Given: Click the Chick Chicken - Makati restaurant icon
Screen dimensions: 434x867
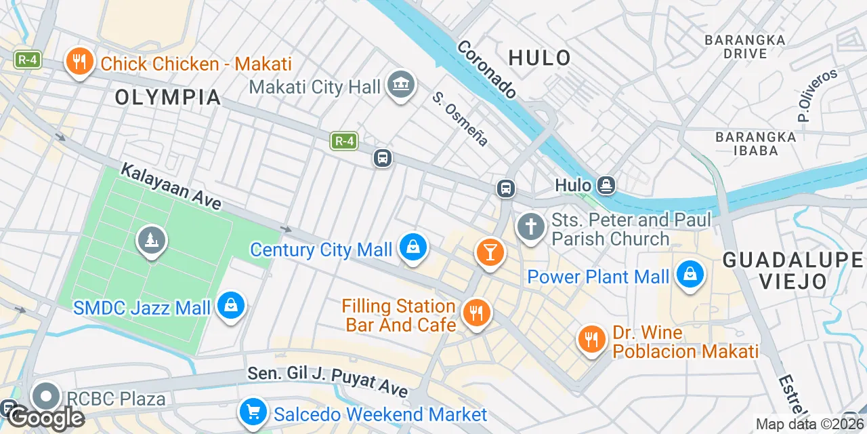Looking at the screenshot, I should coord(80,63).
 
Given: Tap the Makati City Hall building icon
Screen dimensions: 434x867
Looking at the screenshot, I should coord(401,85).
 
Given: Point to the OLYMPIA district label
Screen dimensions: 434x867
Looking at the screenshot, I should coord(168,98).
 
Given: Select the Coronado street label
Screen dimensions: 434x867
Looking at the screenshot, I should coord(486,69).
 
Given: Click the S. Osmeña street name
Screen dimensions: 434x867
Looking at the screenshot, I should coord(461,119).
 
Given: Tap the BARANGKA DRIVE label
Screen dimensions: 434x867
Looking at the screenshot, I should coord(745,46).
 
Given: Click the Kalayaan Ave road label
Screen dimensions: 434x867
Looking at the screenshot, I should coord(171,186).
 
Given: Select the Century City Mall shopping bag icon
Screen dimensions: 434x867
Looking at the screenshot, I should coord(412,248).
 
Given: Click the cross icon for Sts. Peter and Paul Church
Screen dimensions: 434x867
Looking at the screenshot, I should coord(531,226).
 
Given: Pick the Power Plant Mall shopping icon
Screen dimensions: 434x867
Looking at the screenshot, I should coord(690,275).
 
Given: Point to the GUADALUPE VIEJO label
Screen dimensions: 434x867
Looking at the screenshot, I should coord(792,270).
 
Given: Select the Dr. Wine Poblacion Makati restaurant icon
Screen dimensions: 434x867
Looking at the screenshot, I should coord(592,338).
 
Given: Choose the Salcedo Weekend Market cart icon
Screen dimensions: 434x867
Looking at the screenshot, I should coord(253,412).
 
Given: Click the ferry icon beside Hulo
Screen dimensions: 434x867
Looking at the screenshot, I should coord(606,184).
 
